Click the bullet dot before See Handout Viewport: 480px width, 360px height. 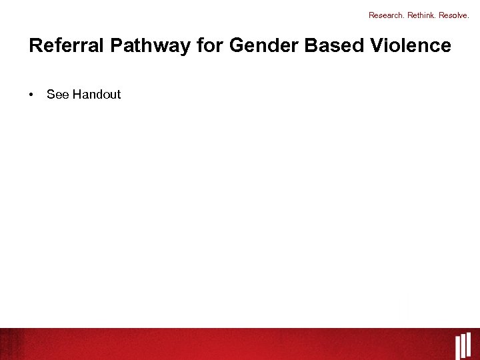31,95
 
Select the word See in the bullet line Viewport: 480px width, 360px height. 58,95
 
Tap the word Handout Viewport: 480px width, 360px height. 97,95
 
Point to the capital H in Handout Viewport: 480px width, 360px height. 77,95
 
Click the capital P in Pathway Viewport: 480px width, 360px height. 116,46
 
